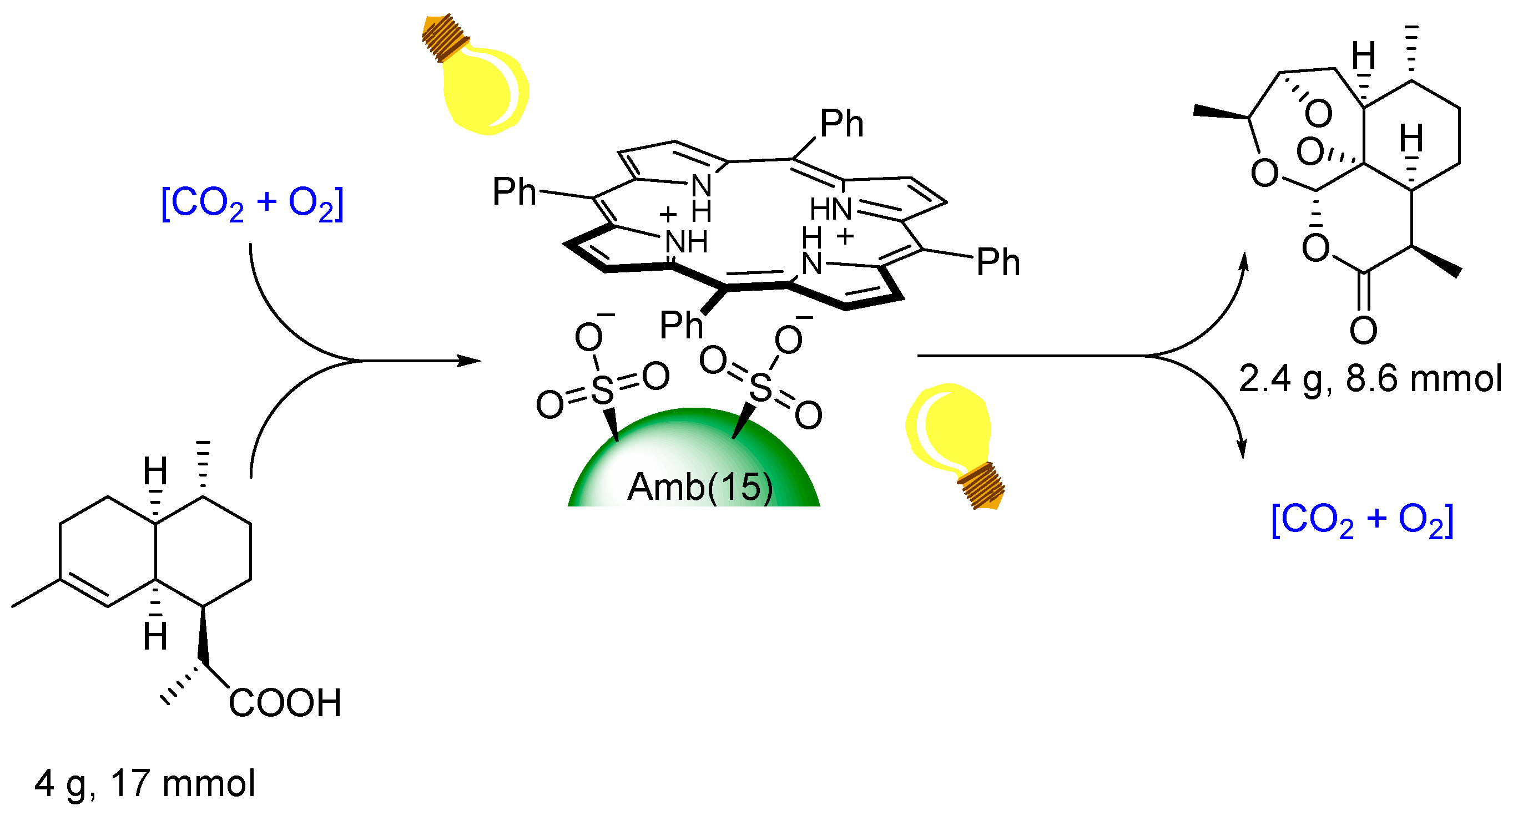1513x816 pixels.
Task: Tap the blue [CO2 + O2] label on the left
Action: coord(252,204)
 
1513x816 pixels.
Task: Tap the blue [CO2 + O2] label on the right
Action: coord(1362,521)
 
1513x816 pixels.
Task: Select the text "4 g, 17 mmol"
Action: coord(144,783)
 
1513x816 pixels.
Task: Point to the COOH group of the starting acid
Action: coord(285,703)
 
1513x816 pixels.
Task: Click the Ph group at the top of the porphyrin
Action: coord(841,124)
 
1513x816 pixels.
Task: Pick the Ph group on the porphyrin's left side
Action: coord(514,192)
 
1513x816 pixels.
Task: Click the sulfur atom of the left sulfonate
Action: coord(602,391)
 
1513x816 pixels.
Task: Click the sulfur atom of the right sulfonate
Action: coord(760,387)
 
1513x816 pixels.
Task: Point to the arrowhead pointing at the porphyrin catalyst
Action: coord(470,361)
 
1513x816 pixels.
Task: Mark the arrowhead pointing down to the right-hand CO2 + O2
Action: coord(1243,449)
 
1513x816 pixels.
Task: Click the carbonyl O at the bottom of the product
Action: coord(1363,331)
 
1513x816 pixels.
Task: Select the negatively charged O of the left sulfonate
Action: coord(588,338)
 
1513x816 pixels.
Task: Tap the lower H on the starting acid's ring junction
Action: coord(155,637)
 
